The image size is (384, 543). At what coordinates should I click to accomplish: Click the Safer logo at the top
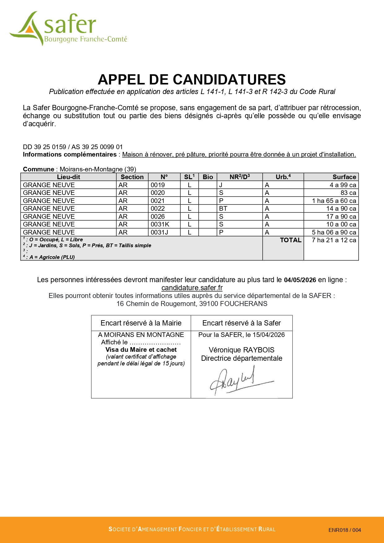click(68, 28)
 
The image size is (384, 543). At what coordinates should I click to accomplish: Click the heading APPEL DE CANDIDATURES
click(192, 80)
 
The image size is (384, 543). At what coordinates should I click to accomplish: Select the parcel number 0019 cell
click(158, 185)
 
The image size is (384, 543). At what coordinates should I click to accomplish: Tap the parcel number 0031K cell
click(160, 224)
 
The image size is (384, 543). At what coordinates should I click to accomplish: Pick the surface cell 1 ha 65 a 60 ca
click(334, 201)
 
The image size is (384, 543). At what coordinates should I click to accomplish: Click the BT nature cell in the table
click(223, 209)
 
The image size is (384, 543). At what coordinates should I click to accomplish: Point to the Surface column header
click(344, 177)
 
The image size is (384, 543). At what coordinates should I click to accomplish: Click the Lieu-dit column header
click(68, 177)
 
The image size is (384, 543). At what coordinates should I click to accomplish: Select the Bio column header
click(208, 177)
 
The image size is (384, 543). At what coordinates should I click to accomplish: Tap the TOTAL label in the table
click(290, 240)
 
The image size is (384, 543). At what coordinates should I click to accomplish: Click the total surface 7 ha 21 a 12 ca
click(334, 240)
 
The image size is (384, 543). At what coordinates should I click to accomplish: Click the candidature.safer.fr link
click(192, 288)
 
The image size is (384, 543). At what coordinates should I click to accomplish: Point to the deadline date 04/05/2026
click(300, 280)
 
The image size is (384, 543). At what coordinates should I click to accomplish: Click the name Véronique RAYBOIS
click(241, 350)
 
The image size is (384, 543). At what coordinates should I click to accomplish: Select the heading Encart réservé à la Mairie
click(141, 323)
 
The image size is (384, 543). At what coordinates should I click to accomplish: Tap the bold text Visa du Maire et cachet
click(141, 350)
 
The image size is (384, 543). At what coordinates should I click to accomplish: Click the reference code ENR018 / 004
click(344, 530)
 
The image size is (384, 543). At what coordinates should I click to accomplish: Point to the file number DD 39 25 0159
click(45, 147)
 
